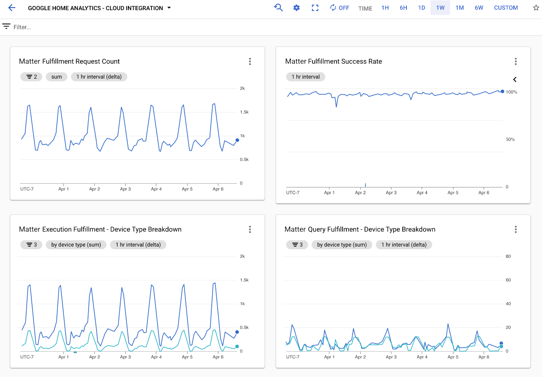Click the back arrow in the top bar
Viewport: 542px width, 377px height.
11,8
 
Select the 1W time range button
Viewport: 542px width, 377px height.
440,8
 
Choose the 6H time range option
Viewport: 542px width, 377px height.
403,8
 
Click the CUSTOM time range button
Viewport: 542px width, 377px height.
506,8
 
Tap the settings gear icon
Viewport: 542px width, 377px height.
296,8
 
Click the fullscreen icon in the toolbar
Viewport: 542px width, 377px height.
315,8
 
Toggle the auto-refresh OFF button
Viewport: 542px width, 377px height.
340,8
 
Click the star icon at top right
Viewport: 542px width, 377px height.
536,8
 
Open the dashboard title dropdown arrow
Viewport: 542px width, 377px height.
169,8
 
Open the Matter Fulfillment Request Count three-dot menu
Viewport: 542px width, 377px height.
250,61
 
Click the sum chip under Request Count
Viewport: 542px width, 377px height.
57,77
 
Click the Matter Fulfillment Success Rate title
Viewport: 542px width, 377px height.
333,61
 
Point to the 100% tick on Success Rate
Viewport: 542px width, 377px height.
512,92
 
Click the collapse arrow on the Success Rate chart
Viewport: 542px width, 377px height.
515,80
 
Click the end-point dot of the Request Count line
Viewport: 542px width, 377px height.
237,140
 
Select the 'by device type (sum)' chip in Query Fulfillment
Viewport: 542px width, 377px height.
342,245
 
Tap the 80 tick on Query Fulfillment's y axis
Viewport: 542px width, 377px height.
508,256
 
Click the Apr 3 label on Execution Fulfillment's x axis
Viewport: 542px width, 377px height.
125,357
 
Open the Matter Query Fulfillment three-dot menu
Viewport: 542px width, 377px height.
516,229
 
